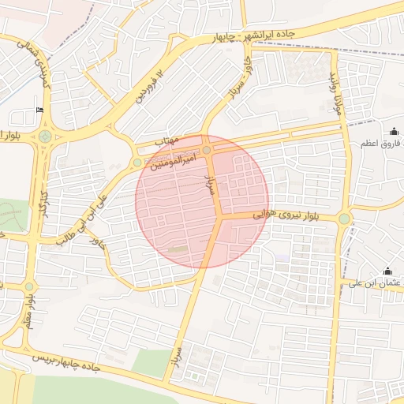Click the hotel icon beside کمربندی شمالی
coord(39,110)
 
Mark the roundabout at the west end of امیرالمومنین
coord(137,163)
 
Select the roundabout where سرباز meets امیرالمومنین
coord(207,150)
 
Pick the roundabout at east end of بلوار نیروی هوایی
coord(344,219)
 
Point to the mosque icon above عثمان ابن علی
coord(387,271)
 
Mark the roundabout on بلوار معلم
coord(29,286)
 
